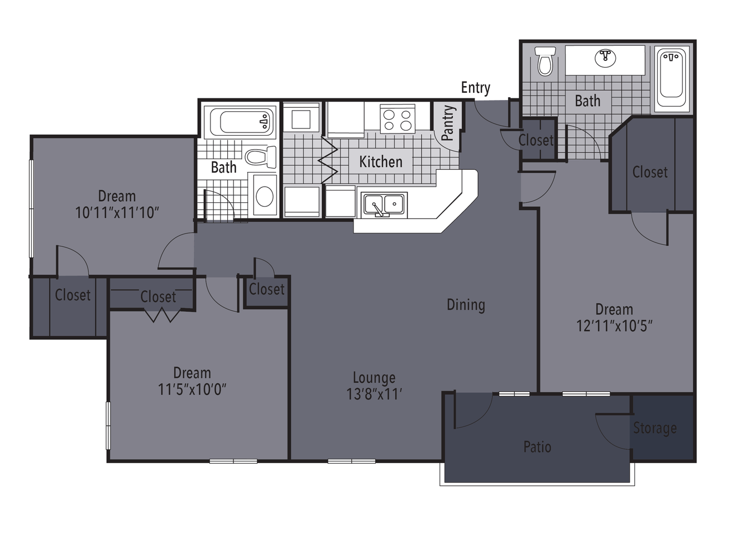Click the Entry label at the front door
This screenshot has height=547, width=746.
pyautogui.click(x=476, y=88)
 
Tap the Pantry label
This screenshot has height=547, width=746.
pyautogui.click(x=448, y=123)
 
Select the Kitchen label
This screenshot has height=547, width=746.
pyautogui.click(x=381, y=161)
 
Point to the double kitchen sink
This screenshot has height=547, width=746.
pyautogui.click(x=384, y=204)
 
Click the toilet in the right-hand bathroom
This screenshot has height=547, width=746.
pyautogui.click(x=545, y=61)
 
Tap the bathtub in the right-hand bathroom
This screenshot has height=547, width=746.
pyautogui.click(x=671, y=79)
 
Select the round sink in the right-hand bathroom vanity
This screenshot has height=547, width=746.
pyautogui.click(x=605, y=58)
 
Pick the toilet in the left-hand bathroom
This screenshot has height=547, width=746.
pyautogui.click(x=261, y=157)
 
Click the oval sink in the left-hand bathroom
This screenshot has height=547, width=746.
pyautogui.click(x=265, y=196)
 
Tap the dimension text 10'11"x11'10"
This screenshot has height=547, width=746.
pyautogui.click(x=117, y=213)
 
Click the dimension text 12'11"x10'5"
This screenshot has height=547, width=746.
pyautogui.click(x=614, y=326)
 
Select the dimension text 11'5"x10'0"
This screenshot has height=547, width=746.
pyautogui.click(x=192, y=389)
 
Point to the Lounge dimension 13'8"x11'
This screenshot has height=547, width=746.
pyautogui.click(x=374, y=394)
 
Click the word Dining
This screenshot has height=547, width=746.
pyautogui.click(x=466, y=305)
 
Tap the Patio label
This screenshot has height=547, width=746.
pyautogui.click(x=537, y=446)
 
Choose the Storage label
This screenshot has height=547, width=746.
pyautogui.click(x=655, y=428)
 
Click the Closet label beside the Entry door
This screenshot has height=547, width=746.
pyautogui.click(x=536, y=140)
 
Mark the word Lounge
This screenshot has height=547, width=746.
pyautogui.click(x=374, y=378)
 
